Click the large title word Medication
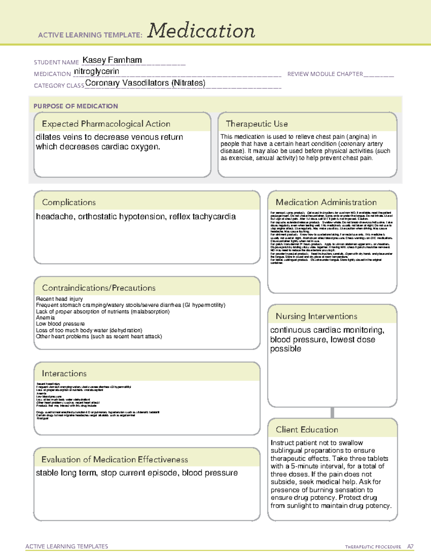(201, 31)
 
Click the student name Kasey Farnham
(112, 60)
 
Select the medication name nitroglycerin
(96, 71)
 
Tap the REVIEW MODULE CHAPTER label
(325, 74)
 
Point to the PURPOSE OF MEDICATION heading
(75, 106)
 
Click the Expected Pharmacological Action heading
(106, 124)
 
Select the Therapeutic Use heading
(256, 124)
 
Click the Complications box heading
(69, 202)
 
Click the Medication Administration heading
(326, 202)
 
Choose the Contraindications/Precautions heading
(99, 288)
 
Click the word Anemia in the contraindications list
(45, 317)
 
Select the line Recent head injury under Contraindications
(59, 299)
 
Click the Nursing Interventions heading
(316, 316)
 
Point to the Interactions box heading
(64, 373)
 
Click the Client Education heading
(307, 430)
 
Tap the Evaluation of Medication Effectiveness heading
(115, 459)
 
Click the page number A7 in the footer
(410, 547)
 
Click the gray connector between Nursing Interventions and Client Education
(332, 412)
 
